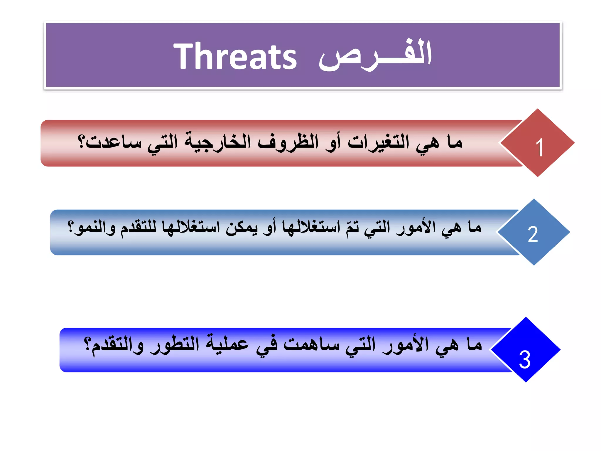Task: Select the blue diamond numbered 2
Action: [x=533, y=232]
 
